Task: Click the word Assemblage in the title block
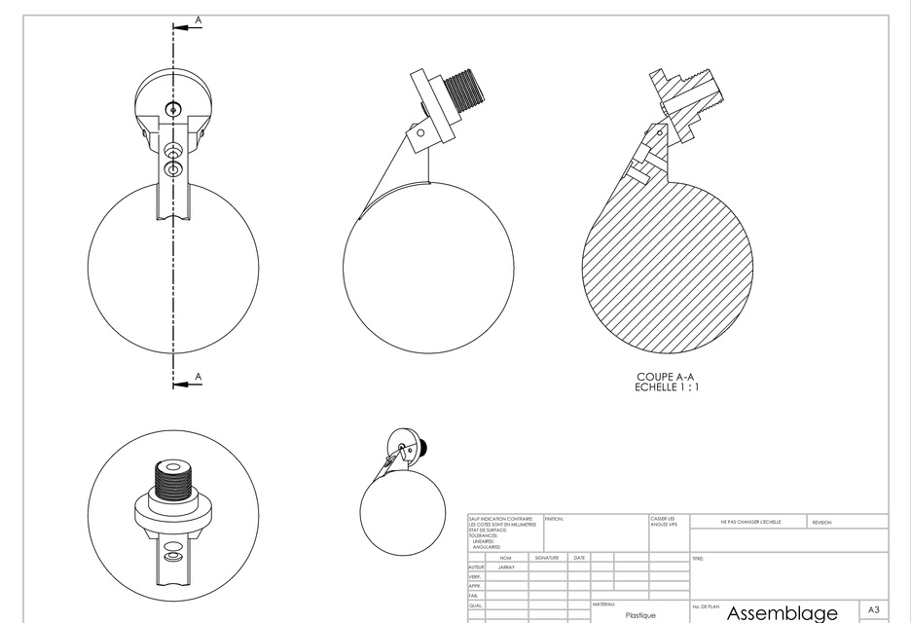click(x=782, y=613)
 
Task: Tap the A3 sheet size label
click(x=873, y=607)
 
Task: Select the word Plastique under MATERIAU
click(x=639, y=615)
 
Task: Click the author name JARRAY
click(x=506, y=567)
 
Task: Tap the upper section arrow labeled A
click(x=198, y=20)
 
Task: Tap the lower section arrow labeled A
click(x=198, y=377)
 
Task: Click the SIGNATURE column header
click(x=546, y=558)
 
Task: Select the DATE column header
click(x=579, y=558)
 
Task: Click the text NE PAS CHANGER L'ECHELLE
click(x=750, y=523)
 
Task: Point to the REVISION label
click(x=820, y=523)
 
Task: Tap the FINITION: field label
click(x=554, y=518)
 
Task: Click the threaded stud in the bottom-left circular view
click(x=174, y=482)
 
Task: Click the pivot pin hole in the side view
click(x=421, y=131)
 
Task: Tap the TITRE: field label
click(x=698, y=559)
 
